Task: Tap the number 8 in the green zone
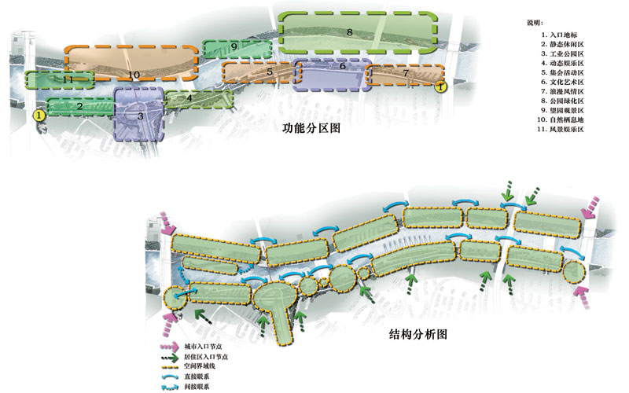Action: tap(348, 31)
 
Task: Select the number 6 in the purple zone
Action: tap(343, 67)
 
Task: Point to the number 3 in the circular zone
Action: tap(140, 116)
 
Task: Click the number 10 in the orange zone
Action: tap(134, 75)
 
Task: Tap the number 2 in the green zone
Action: tap(80, 106)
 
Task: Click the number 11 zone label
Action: tap(68, 79)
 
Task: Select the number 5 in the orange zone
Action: tap(270, 72)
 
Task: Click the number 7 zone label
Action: tap(406, 73)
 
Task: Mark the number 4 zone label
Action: tap(189, 98)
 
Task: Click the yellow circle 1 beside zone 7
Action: tap(441, 87)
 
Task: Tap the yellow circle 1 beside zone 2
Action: tap(39, 115)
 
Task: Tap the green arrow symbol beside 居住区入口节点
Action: tap(168, 356)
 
